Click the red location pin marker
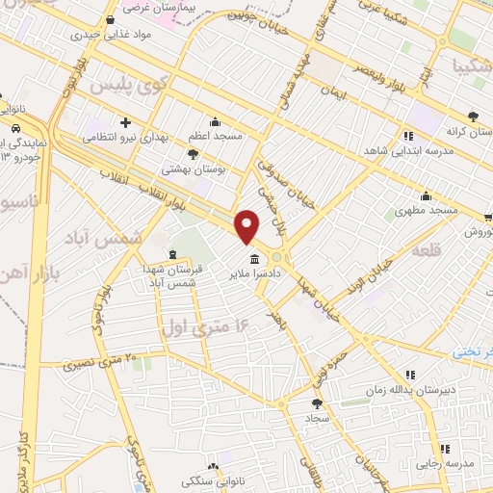pyautogui.click(x=247, y=227)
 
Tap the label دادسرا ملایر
pyautogui.click(x=253, y=274)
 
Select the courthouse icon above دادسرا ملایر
pyautogui.click(x=253, y=260)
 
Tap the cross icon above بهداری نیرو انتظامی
pyautogui.click(x=125, y=122)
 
